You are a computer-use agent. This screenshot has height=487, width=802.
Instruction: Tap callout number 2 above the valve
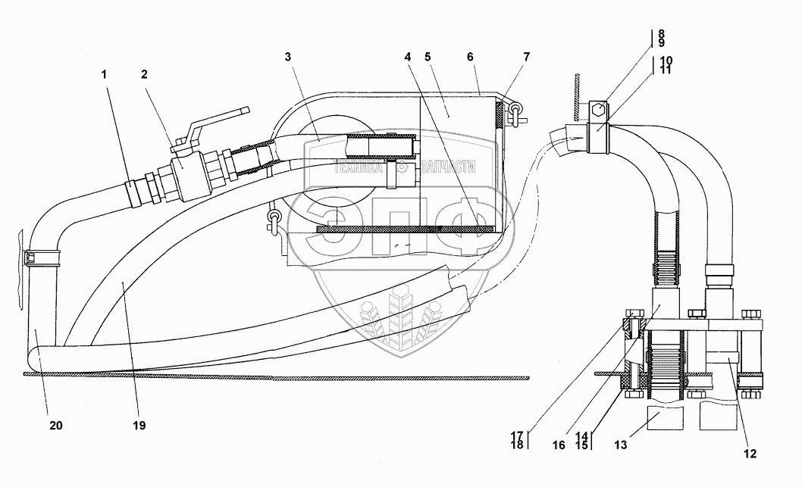pos(144,74)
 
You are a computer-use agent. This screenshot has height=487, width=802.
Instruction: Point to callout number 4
pos(407,57)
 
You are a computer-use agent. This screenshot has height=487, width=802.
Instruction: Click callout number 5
pos(428,57)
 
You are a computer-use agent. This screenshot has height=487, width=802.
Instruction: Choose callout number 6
pos(471,57)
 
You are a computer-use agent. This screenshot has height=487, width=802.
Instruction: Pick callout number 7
pos(526,57)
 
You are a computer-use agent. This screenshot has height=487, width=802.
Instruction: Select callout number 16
pos(559,447)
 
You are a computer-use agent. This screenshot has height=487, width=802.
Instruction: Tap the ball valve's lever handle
pos(216,120)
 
